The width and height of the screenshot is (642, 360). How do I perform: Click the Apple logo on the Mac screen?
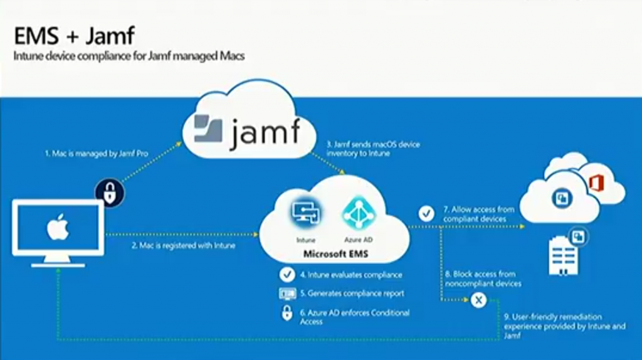pos(58,226)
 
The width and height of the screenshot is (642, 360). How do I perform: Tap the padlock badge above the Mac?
pos(110,193)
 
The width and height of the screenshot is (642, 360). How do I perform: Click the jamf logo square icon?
pos(208,129)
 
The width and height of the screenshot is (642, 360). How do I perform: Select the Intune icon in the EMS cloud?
pos(306,213)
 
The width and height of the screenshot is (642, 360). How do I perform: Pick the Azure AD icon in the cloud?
pos(359,213)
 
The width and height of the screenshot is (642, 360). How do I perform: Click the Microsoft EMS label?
pos(336,254)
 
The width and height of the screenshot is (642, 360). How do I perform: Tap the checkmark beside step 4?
pos(287,275)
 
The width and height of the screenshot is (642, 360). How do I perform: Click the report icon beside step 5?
pos(287,294)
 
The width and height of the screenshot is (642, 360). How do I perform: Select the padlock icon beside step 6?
pos(287,313)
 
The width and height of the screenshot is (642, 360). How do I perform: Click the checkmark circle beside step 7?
pos(426,213)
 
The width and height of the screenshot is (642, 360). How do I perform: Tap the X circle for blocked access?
pos(478,300)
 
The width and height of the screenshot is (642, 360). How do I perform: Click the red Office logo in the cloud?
pos(596,183)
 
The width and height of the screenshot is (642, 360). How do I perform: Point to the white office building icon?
pos(563,255)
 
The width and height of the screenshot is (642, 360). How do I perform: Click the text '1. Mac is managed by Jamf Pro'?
pos(96,154)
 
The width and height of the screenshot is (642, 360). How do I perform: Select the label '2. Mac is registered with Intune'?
pos(184,246)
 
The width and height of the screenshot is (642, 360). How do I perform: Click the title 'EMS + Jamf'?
pos(74,36)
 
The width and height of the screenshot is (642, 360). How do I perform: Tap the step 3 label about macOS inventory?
pos(373,149)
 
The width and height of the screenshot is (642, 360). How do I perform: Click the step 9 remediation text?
pos(565,326)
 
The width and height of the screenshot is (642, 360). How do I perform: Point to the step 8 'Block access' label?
pos(483,278)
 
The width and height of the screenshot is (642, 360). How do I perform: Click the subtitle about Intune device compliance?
pos(129,56)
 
